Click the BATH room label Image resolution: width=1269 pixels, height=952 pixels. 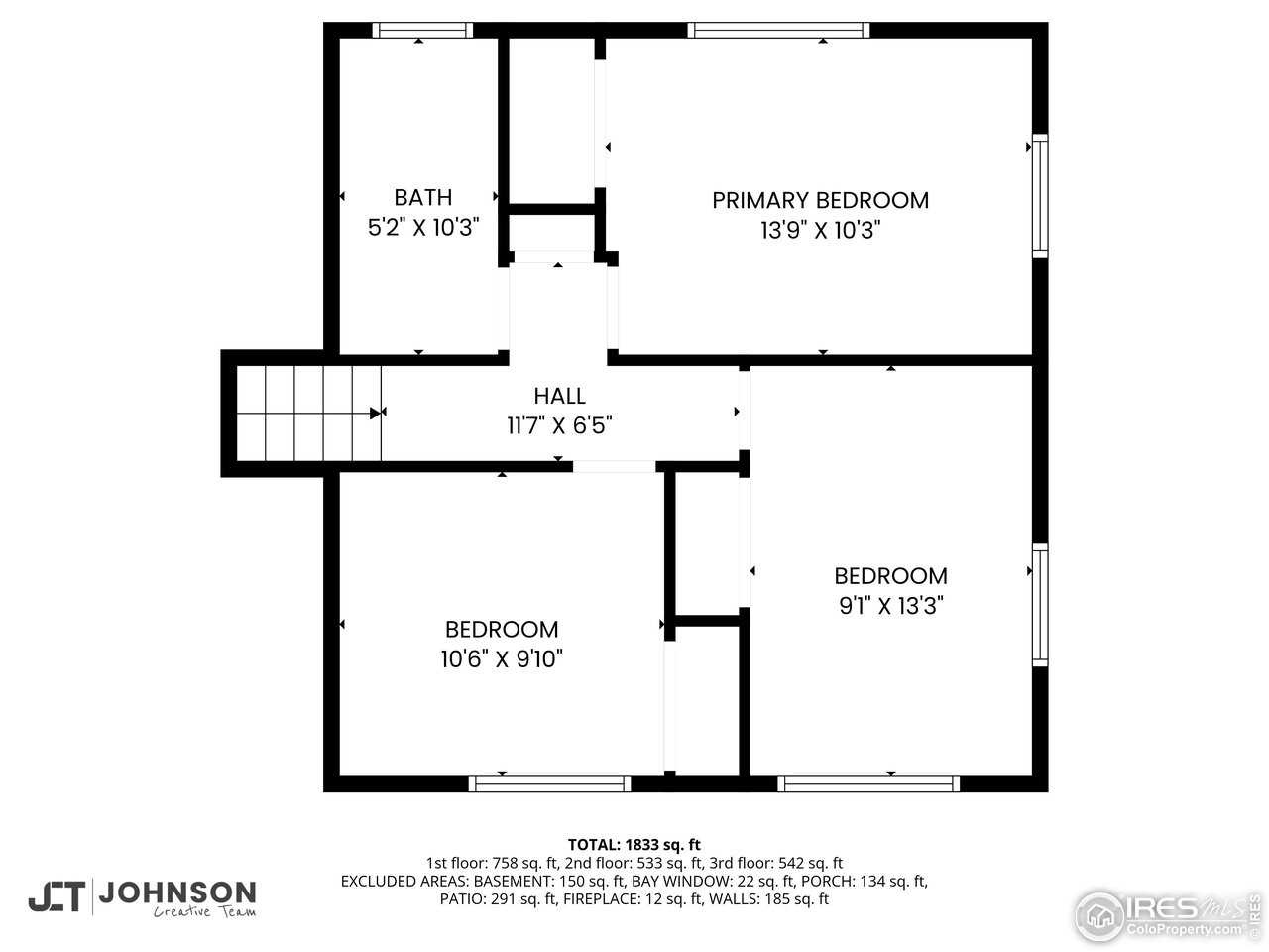423,197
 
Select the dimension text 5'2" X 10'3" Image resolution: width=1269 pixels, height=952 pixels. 423,227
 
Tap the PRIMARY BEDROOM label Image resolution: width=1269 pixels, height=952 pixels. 821,200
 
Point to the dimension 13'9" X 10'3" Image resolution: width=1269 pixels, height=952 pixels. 821,230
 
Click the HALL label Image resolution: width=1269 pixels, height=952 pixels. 559,396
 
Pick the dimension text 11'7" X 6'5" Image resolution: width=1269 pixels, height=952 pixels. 559,425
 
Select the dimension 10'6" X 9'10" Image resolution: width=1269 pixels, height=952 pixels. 502,658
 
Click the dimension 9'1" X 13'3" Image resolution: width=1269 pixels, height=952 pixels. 890,605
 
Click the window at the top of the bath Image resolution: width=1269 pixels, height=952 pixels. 421,30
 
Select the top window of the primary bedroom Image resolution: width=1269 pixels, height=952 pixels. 778,30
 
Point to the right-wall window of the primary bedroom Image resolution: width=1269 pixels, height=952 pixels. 1039,195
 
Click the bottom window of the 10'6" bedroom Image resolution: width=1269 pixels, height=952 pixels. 549,783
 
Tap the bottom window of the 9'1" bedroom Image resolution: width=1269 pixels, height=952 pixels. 868,783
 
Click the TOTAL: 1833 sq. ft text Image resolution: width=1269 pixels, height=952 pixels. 634,845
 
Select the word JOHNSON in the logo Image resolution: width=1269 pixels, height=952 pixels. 180,892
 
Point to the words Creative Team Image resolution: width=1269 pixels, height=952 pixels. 204,912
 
